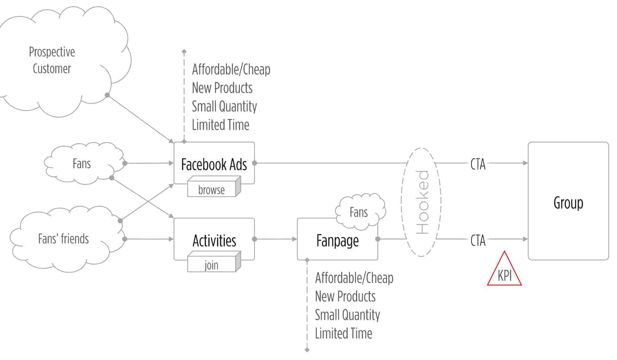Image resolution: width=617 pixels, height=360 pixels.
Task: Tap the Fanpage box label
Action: [337, 241]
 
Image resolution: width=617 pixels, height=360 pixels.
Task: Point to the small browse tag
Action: [212, 190]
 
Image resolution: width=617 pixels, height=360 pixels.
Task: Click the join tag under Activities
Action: [212, 265]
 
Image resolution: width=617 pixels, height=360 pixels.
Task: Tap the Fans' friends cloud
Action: [63, 239]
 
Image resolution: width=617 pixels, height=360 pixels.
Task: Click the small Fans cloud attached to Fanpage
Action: [359, 212]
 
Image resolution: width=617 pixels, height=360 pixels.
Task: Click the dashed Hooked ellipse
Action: [421, 202]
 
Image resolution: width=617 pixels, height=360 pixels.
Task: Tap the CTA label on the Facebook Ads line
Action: [477, 164]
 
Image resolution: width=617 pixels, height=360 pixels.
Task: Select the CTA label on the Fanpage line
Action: [477, 240]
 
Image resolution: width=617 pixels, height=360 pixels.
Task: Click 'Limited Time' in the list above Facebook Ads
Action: [221, 125]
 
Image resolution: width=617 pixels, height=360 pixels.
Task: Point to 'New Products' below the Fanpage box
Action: [345, 296]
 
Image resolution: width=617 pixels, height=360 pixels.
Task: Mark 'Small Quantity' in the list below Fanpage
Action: [347, 315]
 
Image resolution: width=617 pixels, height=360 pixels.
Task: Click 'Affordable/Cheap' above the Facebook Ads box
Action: [231, 69]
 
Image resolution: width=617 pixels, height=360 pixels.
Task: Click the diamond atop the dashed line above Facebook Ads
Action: [184, 52]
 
